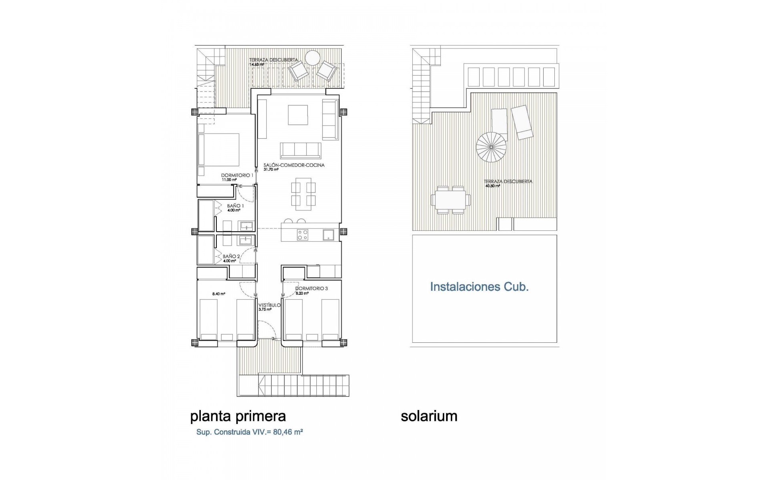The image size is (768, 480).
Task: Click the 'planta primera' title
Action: pyautogui.click(x=238, y=416)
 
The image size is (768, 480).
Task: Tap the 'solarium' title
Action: pyautogui.click(x=429, y=416)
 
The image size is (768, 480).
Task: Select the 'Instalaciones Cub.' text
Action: pyautogui.click(x=479, y=287)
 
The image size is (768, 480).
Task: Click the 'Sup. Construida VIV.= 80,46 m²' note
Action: pyautogui.click(x=249, y=432)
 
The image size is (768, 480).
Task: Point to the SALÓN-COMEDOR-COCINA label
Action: pyautogui.click(x=294, y=165)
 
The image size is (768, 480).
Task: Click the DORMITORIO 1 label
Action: pyautogui.click(x=237, y=175)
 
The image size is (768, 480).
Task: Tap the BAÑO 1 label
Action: pyautogui.click(x=235, y=206)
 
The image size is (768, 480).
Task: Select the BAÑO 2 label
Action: pyautogui.click(x=231, y=256)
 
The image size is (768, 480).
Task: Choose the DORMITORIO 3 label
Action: pyautogui.click(x=311, y=288)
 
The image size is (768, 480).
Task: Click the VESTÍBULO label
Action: pyautogui.click(x=270, y=305)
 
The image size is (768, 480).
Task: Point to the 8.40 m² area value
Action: pyautogui.click(x=219, y=294)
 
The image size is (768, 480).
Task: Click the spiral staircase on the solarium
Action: pyautogui.click(x=491, y=147)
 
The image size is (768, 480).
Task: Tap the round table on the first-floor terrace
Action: pyautogui.click(x=312, y=58)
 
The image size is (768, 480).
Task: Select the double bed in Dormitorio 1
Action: pyautogui.click(x=219, y=150)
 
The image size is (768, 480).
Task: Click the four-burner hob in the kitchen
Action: pyautogui.click(x=302, y=235)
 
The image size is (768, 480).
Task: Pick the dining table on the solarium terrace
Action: pyautogui.click(x=451, y=200)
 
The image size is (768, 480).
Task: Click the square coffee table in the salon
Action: pyautogui.click(x=298, y=115)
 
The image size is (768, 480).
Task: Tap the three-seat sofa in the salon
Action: pyautogui.click(x=300, y=150)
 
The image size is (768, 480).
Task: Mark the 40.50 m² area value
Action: pyautogui.click(x=492, y=186)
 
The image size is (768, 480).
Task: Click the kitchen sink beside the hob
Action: pyautogui.click(x=328, y=235)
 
